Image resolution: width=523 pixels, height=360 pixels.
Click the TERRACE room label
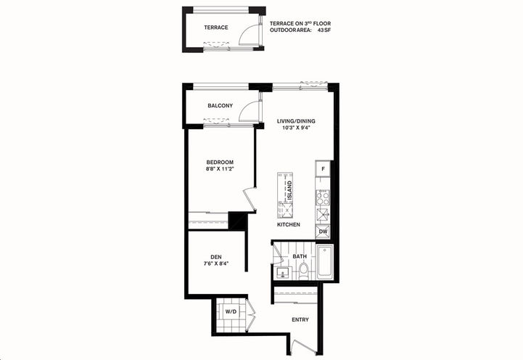tap(215, 28)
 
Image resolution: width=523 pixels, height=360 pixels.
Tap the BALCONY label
tap(220, 106)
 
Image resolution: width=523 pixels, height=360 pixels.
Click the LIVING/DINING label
tap(296, 121)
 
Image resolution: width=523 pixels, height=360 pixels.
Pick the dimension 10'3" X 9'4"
tap(296, 128)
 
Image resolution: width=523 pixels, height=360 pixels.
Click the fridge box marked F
tap(323, 170)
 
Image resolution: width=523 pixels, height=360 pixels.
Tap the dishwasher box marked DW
tap(323, 232)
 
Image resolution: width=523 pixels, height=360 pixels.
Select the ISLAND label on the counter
tap(290, 190)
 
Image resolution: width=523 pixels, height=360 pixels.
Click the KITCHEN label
tap(288, 225)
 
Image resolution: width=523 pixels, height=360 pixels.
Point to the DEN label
tap(216, 257)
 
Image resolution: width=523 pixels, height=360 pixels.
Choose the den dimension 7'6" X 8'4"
tap(216, 264)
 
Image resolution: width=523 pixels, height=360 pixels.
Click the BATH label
tap(300, 257)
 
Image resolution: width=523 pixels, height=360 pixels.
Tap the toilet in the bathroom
tap(304, 271)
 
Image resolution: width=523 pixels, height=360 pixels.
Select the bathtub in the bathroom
tap(324, 264)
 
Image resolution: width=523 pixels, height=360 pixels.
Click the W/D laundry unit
tap(231, 312)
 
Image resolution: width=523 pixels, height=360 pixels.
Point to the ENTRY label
tap(300, 319)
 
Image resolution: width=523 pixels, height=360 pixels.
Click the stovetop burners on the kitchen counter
tap(323, 196)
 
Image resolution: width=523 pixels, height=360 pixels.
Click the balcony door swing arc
tap(248, 110)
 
